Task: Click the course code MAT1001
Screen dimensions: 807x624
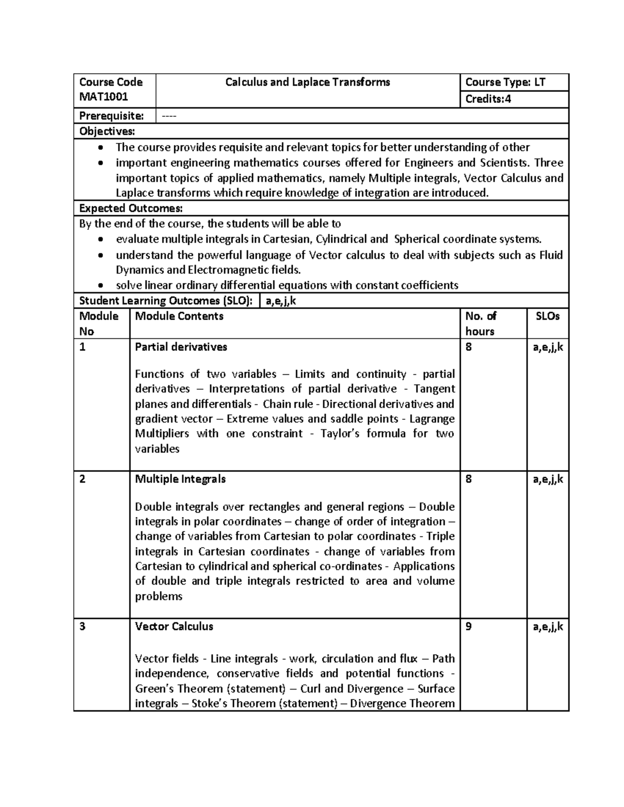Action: click(103, 97)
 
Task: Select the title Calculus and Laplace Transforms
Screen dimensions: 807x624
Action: click(307, 82)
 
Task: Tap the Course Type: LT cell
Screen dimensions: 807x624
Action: click(505, 82)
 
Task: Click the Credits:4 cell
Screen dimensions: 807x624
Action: click(488, 99)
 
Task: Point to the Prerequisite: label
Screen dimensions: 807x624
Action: click(111, 116)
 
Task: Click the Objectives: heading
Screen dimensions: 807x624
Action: click(107, 131)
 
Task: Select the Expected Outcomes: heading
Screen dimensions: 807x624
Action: click(131, 208)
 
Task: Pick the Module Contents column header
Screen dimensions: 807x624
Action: click(179, 316)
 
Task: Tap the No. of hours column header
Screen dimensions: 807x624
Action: click(480, 323)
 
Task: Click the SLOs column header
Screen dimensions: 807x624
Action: click(548, 316)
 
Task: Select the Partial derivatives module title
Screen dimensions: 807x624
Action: click(181, 347)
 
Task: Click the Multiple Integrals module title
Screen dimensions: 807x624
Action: click(180, 479)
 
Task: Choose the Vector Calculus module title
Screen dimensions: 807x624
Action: click(174, 626)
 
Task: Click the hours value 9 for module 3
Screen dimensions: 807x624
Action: click(469, 626)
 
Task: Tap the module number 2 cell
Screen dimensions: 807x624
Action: click(82, 479)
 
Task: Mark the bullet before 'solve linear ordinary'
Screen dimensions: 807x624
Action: click(101, 285)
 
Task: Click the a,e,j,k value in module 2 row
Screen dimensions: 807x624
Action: click(548, 479)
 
